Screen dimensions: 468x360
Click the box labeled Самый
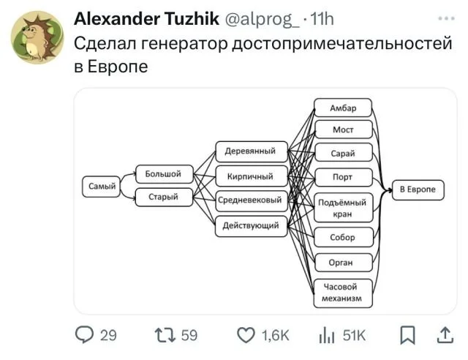click(101, 187)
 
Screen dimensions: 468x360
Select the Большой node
click(165, 174)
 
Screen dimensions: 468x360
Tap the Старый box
click(164, 197)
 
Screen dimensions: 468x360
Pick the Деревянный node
click(252, 151)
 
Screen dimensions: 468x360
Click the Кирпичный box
click(252, 176)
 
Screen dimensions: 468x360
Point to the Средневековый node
click(252, 200)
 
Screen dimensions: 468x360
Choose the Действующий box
click(252, 226)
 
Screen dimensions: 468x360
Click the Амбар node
click(343, 108)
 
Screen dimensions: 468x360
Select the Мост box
click(344, 130)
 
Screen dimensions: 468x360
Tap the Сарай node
click(344, 153)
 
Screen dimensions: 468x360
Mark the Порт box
click(344, 178)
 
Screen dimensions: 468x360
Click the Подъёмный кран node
click(344, 208)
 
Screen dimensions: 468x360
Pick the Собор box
click(344, 237)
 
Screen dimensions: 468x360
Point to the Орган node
click(344, 263)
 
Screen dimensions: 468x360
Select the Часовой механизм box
click(343, 293)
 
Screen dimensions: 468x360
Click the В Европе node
click(418, 190)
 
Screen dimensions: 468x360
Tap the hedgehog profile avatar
click(37, 37)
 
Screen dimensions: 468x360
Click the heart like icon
click(246, 334)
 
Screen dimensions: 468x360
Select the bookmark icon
click(407, 335)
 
